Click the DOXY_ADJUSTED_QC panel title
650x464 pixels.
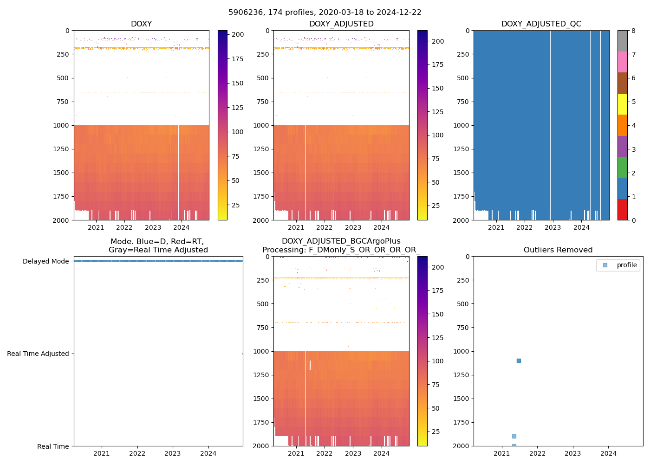coord(541,24)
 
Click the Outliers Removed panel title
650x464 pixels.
coord(558,250)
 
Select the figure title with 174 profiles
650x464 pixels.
coord(325,13)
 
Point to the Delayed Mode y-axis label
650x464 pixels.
coord(45,261)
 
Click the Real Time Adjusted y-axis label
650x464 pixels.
coord(38,354)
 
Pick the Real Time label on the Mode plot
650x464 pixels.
coord(53,446)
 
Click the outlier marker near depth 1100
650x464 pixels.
coord(519,361)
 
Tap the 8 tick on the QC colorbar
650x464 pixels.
coord(633,31)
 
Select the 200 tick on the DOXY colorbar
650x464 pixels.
coord(238,35)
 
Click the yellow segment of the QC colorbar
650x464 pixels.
coord(622,104)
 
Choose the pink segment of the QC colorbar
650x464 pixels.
coord(622,62)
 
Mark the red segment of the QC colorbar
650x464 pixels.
coord(622,209)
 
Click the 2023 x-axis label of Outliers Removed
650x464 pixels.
coord(573,453)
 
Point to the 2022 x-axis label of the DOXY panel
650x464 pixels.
coord(124,227)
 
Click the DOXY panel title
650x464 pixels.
coord(141,24)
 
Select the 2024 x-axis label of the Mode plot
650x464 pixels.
coord(208,453)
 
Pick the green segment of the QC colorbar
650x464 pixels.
coord(622,167)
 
